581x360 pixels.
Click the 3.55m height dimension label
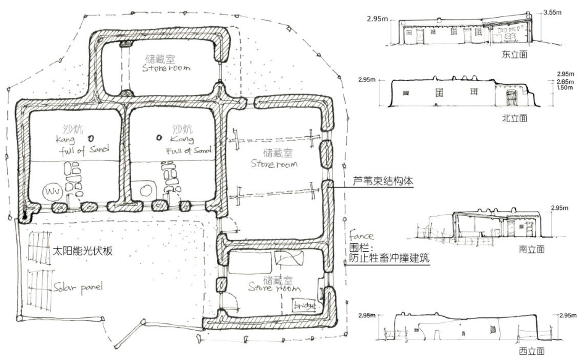[553, 12]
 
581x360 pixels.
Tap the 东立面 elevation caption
[514, 54]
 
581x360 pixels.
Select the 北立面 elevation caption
[514, 118]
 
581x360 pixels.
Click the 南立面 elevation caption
[531, 249]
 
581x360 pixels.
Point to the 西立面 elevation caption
[531, 351]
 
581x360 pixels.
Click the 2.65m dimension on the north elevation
[565, 82]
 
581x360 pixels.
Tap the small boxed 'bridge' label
[303, 305]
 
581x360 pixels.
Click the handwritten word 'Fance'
[361, 236]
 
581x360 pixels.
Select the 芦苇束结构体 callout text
[383, 181]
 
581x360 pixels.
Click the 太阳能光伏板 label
[82, 251]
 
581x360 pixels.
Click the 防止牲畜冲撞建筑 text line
[389, 258]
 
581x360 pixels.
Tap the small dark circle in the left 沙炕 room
[91, 138]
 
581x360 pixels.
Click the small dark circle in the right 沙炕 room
[159, 138]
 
